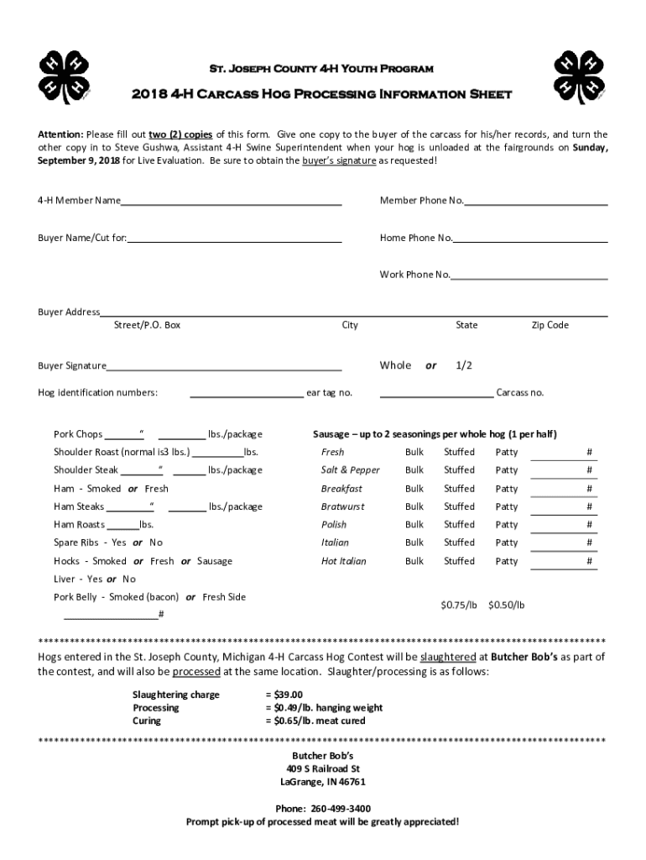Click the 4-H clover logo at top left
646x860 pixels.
(x=65, y=76)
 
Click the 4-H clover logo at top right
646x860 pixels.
(x=580, y=76)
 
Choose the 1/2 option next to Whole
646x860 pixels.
(x=464, y=366)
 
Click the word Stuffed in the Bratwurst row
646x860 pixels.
(x=459, y=506)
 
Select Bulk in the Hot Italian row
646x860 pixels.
(x=414, y=561)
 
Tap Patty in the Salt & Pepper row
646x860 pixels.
(x=507, y=470)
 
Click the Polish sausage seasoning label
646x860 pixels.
(x=333, y=525)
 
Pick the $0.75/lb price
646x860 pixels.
(x=459, y=605)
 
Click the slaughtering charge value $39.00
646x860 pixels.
(x=283, y=695)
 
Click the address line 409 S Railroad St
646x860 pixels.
(x=323, y=768)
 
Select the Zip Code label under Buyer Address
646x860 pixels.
(x=550, y=325)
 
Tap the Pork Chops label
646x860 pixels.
(x=78, y=434)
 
